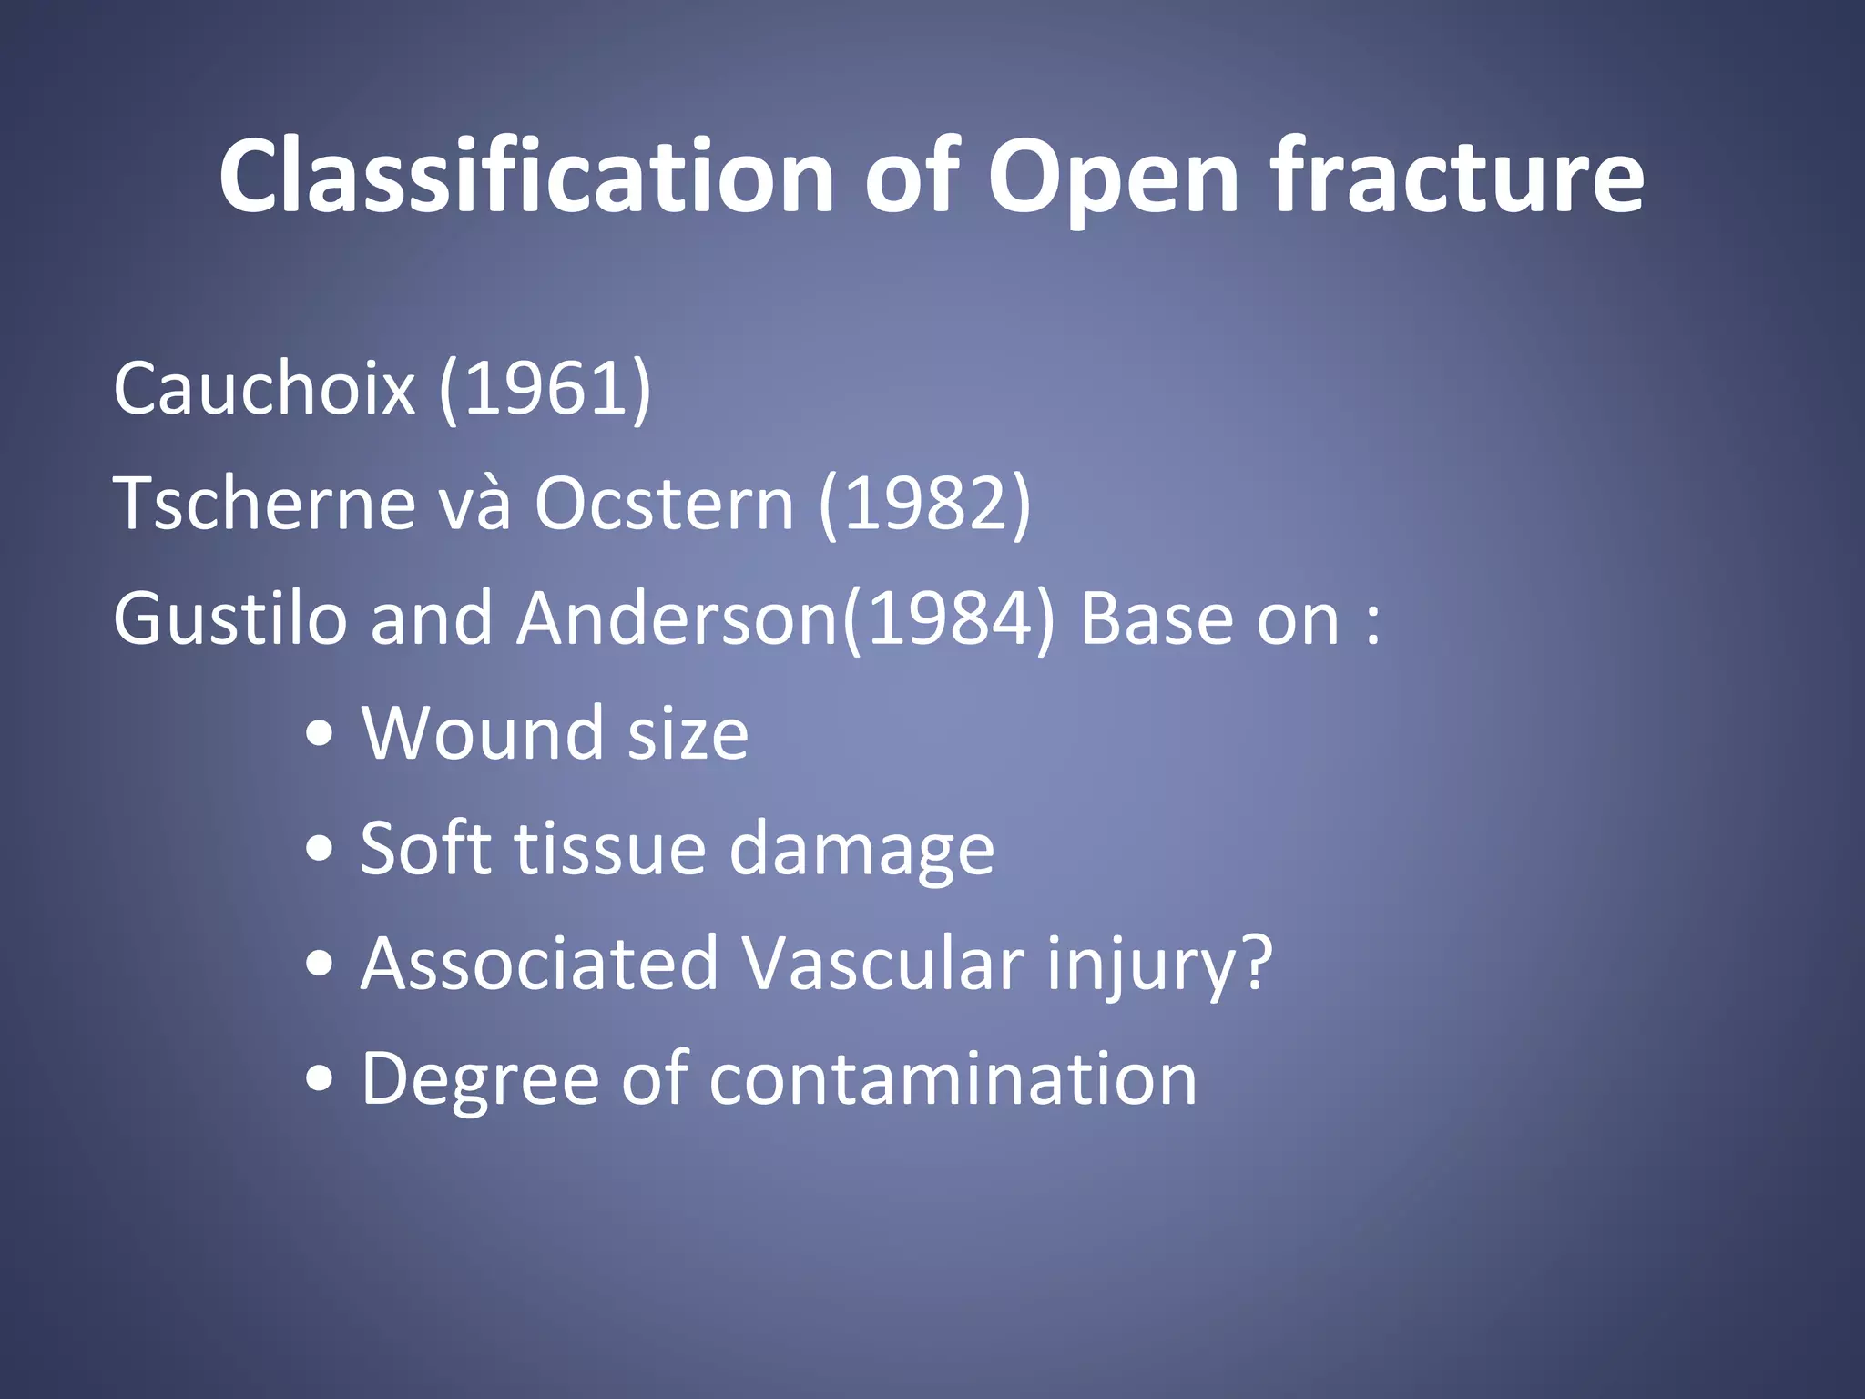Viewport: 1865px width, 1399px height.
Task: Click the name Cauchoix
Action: (264, 389)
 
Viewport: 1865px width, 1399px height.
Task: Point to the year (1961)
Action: (545, 389)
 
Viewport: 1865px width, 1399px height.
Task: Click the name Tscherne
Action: (264, 504)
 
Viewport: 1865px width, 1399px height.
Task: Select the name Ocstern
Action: (664, 504)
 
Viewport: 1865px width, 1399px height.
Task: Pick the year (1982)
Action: (924, 504)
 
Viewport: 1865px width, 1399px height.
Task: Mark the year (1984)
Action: (949, 618)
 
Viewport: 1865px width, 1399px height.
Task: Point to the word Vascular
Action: (883, 964)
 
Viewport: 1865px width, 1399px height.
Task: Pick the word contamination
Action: (953, 1079)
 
